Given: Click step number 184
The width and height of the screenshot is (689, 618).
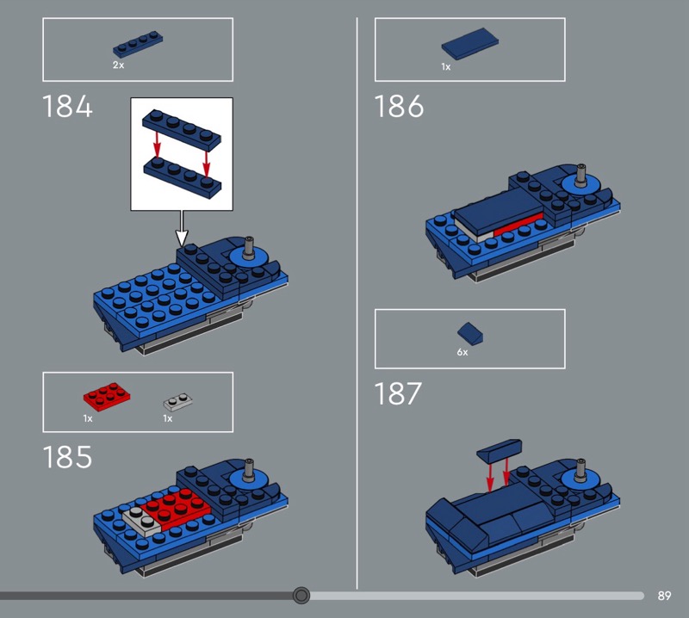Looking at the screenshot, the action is coord(67,106).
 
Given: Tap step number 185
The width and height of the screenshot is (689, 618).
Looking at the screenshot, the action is coord(67,457).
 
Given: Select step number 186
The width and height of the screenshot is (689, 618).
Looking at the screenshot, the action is coord(399,106).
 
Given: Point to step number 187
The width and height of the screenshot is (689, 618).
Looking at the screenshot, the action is coord(398,393).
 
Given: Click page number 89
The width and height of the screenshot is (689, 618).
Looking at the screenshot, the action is coord(664,596).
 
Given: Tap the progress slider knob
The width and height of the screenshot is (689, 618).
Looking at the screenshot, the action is coord(301,596).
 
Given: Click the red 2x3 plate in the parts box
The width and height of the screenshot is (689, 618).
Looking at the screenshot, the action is coord(107,397).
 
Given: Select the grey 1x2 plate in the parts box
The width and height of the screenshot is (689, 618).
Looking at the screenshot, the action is coord(178,402).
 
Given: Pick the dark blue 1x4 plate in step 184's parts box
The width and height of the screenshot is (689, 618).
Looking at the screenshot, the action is coord(138,45).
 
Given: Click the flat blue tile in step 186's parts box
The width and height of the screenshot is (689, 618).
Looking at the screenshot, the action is coord(470,44).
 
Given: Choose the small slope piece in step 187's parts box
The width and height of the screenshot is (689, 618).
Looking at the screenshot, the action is coord(470,333).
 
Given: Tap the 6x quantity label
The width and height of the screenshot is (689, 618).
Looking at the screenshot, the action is coord(462,352).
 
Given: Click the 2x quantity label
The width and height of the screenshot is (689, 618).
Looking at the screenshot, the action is coord(118,65).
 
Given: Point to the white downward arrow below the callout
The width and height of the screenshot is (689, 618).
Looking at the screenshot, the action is coord(182,228).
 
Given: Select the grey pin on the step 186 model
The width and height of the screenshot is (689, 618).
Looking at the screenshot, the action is coord(582,175).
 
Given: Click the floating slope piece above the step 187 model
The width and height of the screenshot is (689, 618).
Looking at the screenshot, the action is coord(500,450).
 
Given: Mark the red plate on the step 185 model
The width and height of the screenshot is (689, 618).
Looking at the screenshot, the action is coord(176,508).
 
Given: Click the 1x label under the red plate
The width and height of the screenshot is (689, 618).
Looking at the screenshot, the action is coord(88,418).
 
